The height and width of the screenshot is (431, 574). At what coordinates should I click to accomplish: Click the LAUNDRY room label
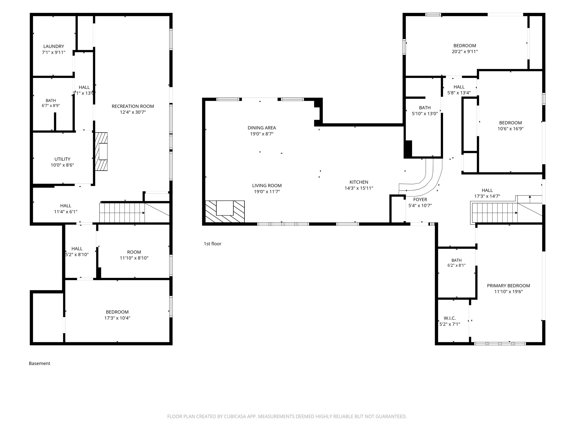coord(54,46)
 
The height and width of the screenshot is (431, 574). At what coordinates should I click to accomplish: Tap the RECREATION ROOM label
coord(133,106)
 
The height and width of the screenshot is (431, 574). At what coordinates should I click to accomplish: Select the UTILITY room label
coord(62,159)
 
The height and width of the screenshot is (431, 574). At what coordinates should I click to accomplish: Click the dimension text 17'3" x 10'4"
coord(117,318)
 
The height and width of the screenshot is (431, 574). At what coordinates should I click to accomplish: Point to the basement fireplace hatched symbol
coord(101,152)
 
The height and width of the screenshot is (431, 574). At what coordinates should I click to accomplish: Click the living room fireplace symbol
coord(225,211)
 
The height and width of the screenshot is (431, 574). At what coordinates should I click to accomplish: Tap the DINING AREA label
coord(262,128)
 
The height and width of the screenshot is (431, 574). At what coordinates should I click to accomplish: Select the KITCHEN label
coord(359,182)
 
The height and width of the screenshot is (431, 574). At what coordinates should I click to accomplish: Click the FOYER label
coord(420,200)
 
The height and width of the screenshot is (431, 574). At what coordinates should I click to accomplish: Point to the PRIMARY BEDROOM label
coord(508,286)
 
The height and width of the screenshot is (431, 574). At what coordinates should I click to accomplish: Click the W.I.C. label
coord(450,318)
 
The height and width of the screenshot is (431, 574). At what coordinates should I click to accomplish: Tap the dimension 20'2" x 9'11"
coord(465,52)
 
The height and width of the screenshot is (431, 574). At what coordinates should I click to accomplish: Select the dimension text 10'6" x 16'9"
coord(510,129)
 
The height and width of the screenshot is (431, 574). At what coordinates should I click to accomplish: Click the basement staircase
coord(122,213)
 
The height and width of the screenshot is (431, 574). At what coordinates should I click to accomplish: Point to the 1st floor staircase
coord(495,213)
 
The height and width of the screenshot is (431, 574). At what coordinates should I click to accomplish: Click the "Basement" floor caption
coord(40,363)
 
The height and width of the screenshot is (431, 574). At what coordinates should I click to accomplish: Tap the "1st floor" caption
coord(212,244)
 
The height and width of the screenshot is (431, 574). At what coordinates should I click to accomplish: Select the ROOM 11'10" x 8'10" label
coord(134,255)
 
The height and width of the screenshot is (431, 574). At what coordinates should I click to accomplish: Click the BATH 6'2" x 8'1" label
coord(456,263)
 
